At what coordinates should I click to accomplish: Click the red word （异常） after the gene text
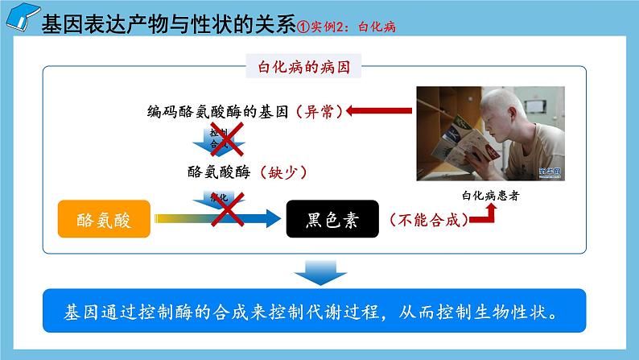pyautogui.click(x=319, y=112)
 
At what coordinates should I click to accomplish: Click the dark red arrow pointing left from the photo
pyautogui.click(x=377, y=111)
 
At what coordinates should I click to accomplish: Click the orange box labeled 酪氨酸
pyautogui.click(x=105, y=217)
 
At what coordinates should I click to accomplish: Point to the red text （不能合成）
pyautogui.click(x=427, y=217)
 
